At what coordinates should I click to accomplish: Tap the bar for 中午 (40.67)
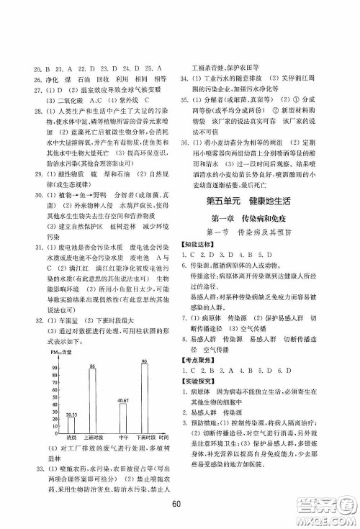[123, 418]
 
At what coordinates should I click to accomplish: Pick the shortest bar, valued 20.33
[71, 425]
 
